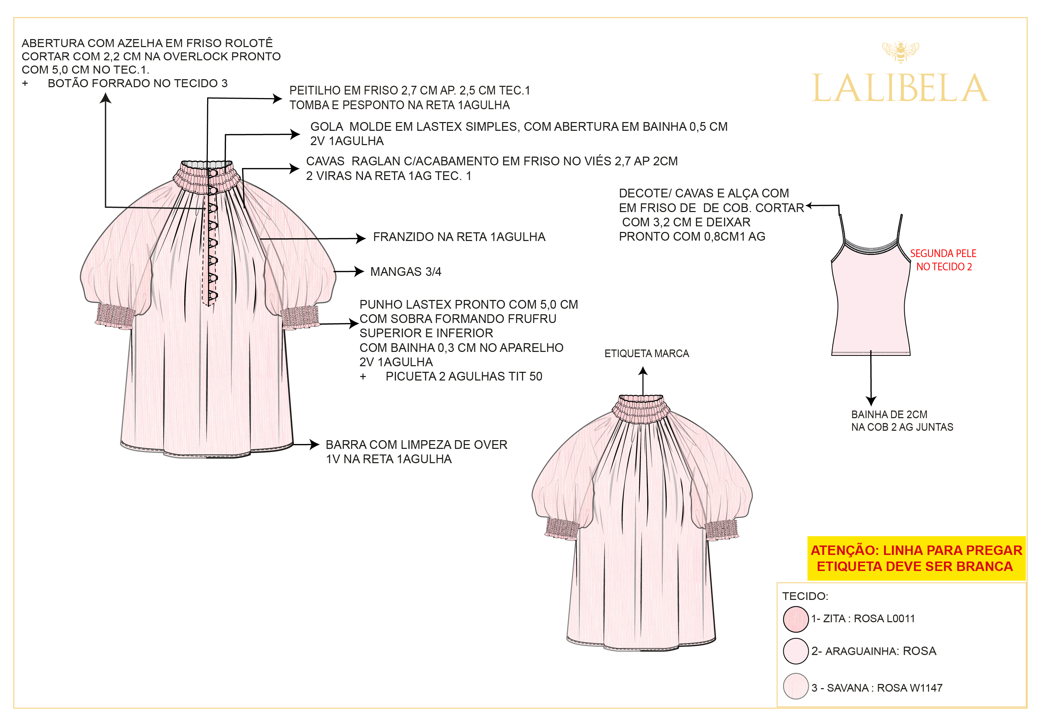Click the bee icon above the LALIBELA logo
900,52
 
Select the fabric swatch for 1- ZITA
795,619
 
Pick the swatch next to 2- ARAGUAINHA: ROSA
795,651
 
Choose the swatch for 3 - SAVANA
795,686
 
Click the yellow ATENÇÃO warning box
916,558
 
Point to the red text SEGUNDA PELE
943,254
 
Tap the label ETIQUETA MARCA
646,353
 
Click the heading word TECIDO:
805,596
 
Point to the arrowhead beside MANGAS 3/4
359,271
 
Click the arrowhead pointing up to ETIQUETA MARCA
643,371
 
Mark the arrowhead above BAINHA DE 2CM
871,401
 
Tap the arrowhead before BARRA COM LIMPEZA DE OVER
314,444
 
